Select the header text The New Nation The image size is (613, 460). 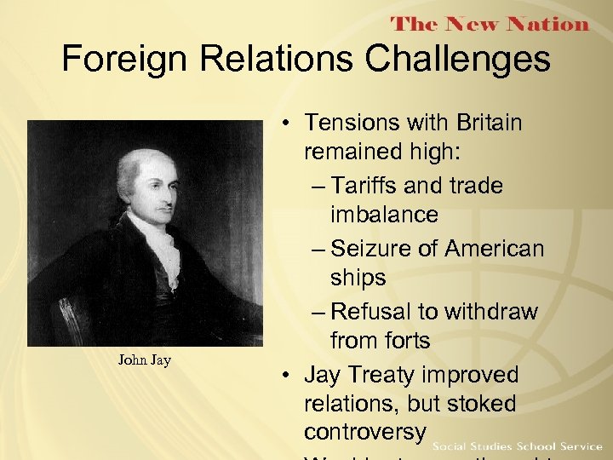point(490,24)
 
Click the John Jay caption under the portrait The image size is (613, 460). point(144,360)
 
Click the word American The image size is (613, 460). point(494,249)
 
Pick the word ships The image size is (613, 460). point(358,279)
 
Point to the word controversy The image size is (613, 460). point(364,430)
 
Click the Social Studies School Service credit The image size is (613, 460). point(518,446)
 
